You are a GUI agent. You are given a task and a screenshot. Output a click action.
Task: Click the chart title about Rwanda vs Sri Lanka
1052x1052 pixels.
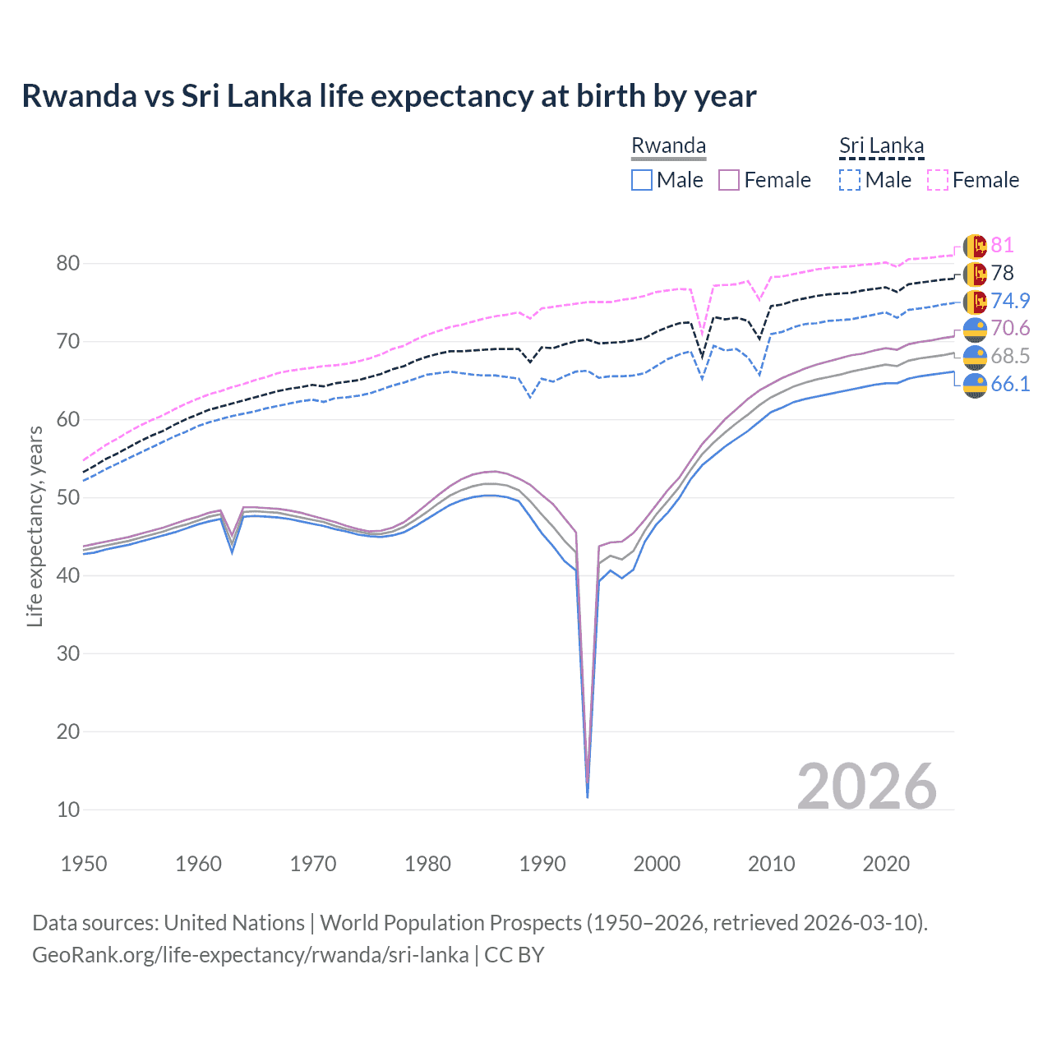click(389, 96)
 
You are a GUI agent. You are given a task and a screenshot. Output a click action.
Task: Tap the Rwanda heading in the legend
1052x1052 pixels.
click(668, 145)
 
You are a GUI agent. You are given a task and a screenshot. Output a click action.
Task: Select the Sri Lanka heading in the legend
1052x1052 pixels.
click(881, 145)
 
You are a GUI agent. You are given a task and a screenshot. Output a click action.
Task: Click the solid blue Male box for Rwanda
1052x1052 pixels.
click(642, 180)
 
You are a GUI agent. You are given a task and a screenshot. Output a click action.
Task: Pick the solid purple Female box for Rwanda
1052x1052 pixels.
click(730, 180)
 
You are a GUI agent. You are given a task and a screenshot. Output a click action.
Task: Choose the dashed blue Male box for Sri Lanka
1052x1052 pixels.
click(850, 180)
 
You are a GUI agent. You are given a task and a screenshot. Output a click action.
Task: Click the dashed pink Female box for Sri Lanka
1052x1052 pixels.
click(938, 180)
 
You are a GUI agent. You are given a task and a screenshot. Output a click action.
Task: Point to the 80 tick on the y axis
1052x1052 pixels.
click(68, 263)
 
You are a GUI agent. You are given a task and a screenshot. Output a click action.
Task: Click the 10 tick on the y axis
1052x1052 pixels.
click(68, 810)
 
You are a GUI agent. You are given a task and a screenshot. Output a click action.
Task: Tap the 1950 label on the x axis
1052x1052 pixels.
click(84, 864)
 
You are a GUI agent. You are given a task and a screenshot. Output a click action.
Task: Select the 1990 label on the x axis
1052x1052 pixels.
click(542, 864)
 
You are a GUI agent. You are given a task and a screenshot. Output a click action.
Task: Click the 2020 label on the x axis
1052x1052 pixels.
click(886, 864)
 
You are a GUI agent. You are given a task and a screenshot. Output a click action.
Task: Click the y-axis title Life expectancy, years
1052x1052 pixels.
click(35, 526)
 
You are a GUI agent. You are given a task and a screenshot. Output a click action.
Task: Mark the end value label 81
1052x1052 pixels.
click(1002, 245)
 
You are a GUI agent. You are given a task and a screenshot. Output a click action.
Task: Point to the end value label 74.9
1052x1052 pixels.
click(1010, 301)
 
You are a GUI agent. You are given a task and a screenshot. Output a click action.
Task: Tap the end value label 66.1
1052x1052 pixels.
click(1010, 384)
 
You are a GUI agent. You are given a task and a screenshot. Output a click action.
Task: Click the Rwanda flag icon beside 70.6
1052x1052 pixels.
click(975, 329)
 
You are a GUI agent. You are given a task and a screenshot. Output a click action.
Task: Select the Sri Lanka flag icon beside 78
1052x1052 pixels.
click(975, 274)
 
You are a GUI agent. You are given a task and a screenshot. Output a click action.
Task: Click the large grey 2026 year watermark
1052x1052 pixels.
click(867, 787)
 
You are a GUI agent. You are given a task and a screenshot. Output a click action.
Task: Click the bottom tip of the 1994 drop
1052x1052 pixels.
click(588, 796)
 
